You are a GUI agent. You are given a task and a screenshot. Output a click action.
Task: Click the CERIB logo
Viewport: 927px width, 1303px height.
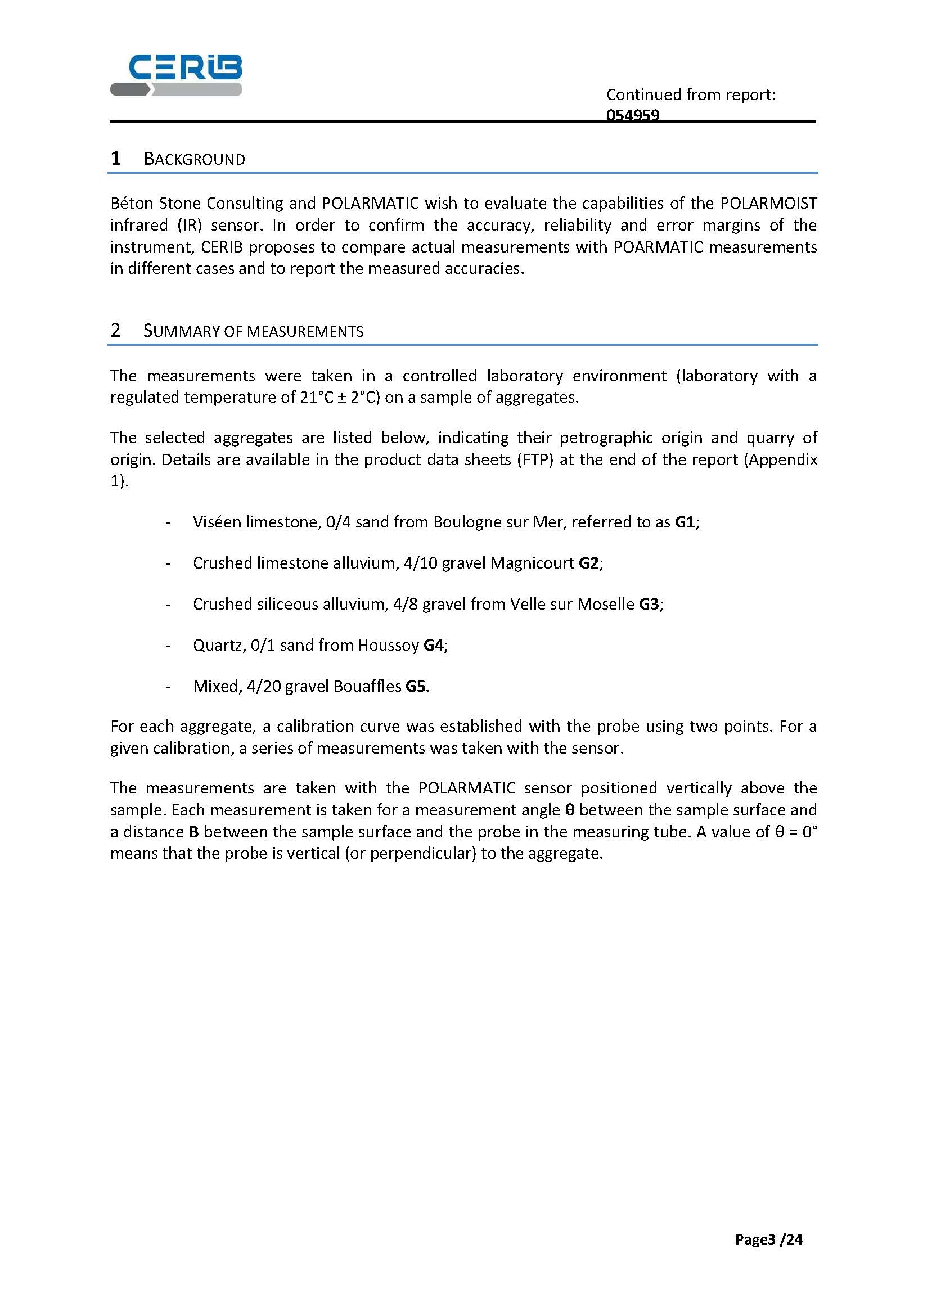coord(176,75)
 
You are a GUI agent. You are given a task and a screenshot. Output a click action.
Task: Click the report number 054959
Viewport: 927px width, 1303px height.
coord(632,115)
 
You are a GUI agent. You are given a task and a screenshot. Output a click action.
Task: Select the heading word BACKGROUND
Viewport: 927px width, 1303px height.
coord(194,159)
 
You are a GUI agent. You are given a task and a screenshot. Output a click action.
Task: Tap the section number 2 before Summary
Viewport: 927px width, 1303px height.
coord(115,331)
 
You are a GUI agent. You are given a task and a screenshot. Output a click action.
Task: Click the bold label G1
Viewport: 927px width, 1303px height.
coord(685,522)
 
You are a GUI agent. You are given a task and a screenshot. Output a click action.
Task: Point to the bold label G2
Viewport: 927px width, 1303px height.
coord(589,563)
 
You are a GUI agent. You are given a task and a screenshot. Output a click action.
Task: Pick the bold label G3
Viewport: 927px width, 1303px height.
coord(649,604)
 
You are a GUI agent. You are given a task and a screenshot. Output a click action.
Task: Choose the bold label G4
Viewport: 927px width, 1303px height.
coord(433,645)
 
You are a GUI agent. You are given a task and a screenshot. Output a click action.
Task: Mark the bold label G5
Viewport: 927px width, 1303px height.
coord(416,686)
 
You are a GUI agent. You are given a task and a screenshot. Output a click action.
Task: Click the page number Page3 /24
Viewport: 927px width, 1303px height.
coord(768,1239)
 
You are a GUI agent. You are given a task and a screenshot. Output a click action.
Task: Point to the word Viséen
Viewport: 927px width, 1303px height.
coord(217,522)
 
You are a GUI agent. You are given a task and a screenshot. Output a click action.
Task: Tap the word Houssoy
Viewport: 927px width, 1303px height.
coord(388,645)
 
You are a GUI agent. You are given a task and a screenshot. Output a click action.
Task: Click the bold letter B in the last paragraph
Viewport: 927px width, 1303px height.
coord(193,832)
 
